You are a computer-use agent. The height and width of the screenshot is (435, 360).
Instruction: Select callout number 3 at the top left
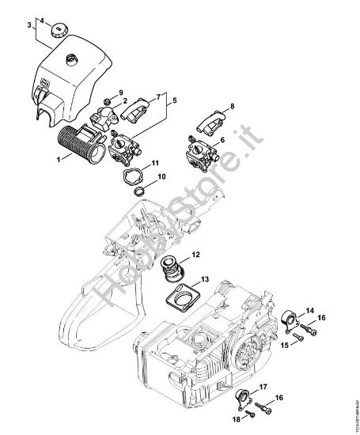[29, 25]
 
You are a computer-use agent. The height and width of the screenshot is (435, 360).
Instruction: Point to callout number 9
[121, 93]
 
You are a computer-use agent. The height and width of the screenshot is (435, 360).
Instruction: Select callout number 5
[174, 100]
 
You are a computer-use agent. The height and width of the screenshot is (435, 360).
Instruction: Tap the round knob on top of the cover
[59, 35]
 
